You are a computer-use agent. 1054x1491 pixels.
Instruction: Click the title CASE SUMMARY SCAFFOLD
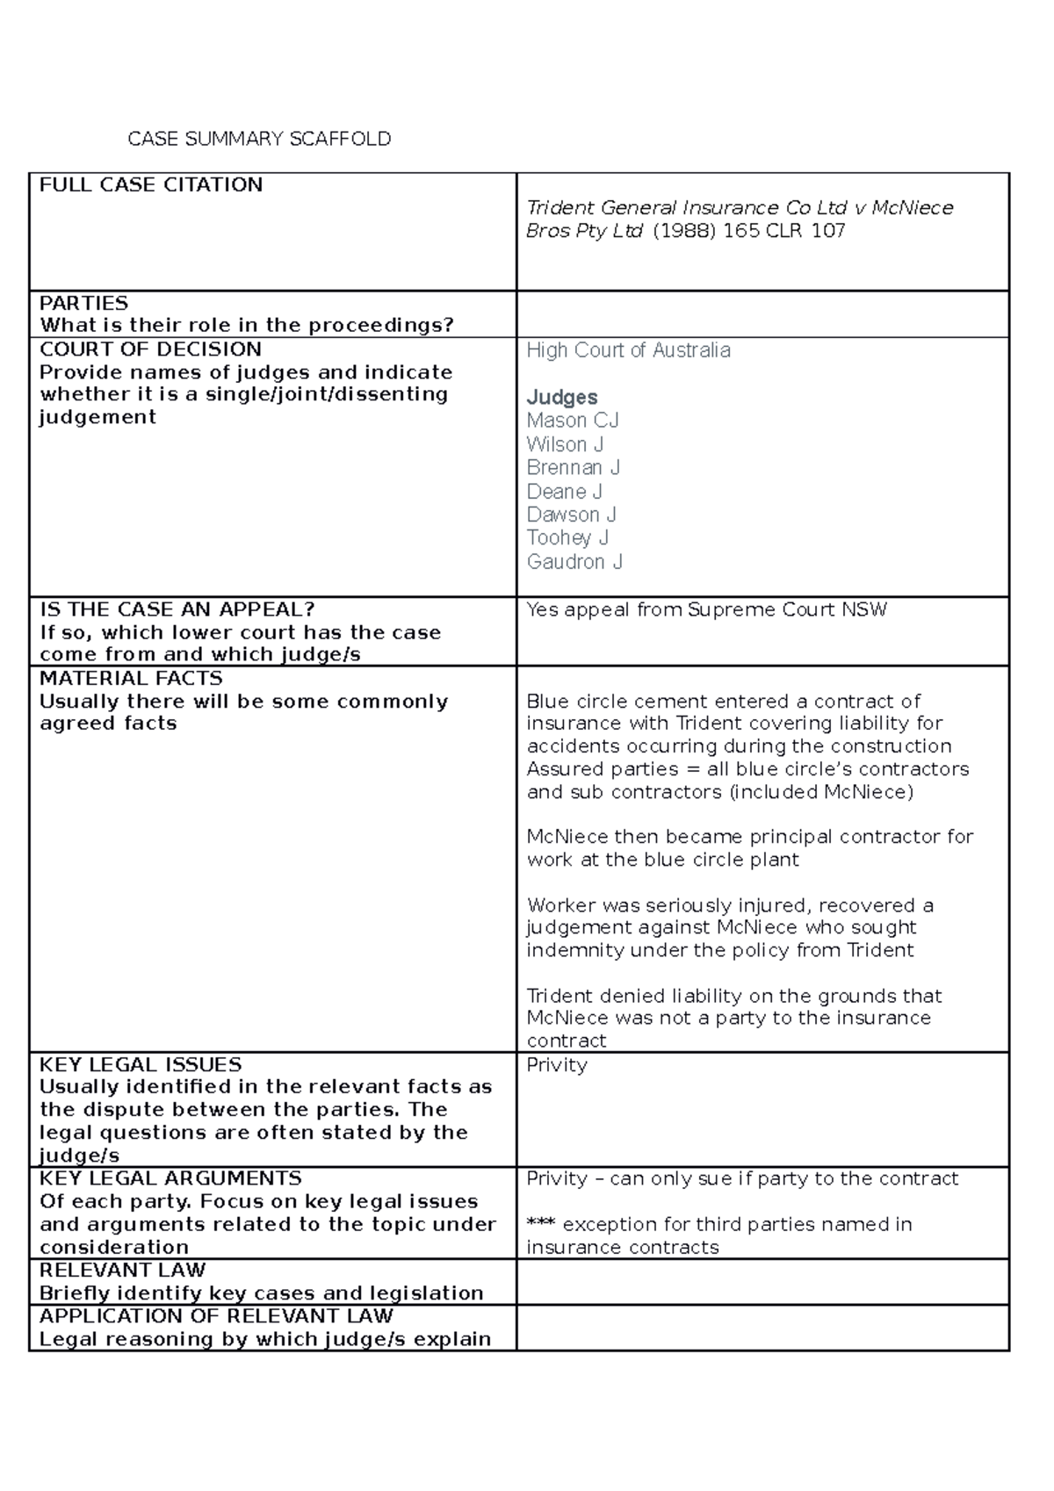(x=259, y=139)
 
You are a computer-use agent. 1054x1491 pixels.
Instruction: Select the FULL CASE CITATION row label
(x=151, y=184)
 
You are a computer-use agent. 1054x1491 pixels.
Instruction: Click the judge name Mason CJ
(x=573, y=421)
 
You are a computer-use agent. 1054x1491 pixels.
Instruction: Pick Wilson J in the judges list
(x=565, y=444)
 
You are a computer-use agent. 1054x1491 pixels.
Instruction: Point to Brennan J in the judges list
(x=574, y=467)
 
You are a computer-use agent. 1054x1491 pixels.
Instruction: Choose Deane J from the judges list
(x=564, y=491)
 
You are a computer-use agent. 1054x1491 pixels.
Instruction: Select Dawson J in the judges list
(x=571, y=515)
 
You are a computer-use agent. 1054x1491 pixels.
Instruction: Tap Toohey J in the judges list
(x=567, y=537)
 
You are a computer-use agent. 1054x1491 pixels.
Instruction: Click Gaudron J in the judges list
(x=574, y=561)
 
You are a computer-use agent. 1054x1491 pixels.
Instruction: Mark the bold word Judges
(x=562, y=397)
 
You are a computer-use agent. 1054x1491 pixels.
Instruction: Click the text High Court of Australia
(x=628, y=350)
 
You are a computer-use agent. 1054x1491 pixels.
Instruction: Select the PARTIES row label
(x=84, y=303)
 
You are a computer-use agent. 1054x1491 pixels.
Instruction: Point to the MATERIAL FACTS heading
(x=131, y=678)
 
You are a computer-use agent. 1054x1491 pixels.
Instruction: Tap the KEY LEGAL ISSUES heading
(x=141, y=1064)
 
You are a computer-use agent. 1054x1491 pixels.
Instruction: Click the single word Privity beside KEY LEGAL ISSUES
(x=557, y=1065)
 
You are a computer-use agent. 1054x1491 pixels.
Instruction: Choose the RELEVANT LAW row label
(x=122, y=1270)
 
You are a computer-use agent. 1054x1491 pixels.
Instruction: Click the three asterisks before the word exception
(x=541, y=1224)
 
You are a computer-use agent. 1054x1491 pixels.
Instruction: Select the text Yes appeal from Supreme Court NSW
(x=706, y=609)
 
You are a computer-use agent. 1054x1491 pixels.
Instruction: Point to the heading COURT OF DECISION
(x=150, y=349)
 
